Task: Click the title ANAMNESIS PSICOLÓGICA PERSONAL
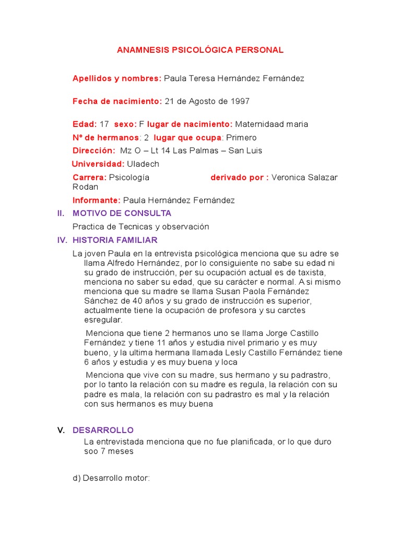coord(199,50)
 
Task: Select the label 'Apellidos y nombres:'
coord(117,78)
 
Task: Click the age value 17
coord(104,124)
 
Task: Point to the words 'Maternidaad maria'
coord(272,124)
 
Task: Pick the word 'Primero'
coord(241,137)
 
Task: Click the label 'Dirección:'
coord(94,150)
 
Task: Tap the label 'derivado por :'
coord(240,178)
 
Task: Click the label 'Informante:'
coord(97,200)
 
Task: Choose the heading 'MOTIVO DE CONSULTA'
coord(122,214)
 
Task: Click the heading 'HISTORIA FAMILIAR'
coord(115,240)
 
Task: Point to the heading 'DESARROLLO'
coord(103,431)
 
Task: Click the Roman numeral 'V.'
coord(61,431)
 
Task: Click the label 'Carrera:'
coord(89,178)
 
